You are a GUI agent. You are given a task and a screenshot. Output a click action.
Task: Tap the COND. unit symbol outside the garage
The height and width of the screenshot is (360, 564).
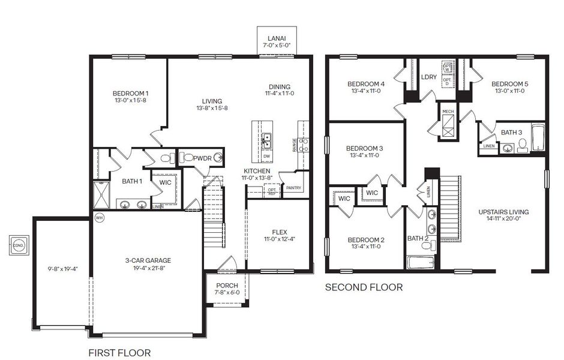pos(18,245)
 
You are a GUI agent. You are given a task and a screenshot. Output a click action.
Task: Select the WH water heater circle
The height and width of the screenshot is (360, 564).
pos(100,218)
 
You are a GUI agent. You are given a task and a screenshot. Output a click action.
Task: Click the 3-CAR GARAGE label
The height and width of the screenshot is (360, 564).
pos(148,260)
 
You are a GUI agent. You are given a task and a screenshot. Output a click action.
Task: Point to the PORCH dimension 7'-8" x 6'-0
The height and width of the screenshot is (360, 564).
pos(227,293)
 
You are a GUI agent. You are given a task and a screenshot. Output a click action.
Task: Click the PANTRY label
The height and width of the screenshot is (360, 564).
pos(293,188)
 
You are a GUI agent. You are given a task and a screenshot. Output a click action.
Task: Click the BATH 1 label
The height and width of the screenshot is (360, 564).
pos(132,181)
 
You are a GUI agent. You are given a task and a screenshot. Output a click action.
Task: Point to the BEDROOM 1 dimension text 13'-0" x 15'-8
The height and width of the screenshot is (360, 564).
pos(130,101)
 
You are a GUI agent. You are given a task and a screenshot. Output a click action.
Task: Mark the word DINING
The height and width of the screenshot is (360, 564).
pos(280,86)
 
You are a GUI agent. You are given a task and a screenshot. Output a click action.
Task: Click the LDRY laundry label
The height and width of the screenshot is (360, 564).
pos(429,77)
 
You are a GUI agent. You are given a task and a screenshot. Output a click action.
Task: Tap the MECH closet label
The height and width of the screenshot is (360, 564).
pos(448,112)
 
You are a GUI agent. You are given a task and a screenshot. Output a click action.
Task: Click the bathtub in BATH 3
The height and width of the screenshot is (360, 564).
pos(538,139)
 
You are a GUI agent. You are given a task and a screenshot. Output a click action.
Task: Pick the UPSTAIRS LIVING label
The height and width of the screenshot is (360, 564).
pos(503,212)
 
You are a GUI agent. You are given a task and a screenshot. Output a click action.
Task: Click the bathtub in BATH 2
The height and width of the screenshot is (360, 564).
pos(421,262)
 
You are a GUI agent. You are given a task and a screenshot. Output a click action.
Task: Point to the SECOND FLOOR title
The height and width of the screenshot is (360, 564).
pos(364,287)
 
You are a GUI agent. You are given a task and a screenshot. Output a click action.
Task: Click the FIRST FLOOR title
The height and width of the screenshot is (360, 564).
pos(119,352)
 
